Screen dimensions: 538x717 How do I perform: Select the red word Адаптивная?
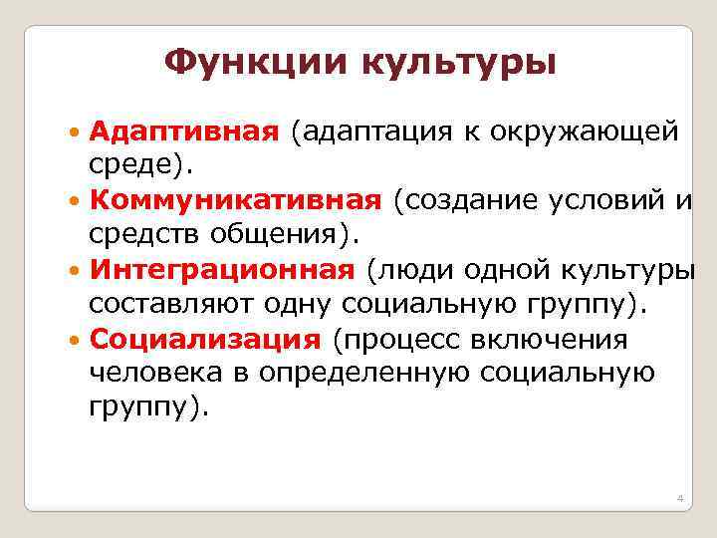[181, 132]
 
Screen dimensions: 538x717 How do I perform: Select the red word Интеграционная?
[222, 269]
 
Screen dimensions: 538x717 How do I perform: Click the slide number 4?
[678, 497]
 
